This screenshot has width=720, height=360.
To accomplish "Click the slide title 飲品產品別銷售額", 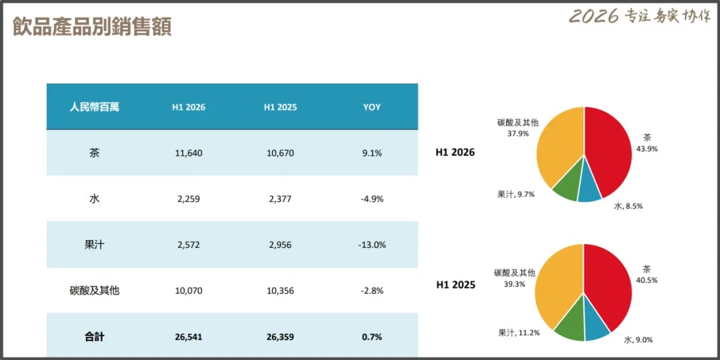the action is pos(92,26).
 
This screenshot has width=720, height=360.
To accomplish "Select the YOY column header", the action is pos(371,107).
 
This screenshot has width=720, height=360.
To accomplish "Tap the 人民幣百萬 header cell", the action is pos(95,107).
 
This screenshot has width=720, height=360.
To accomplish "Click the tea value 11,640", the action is pos(188,153).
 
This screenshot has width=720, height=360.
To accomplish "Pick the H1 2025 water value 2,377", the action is pos(280,199).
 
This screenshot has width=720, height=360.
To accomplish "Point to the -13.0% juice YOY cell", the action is pos(371,245).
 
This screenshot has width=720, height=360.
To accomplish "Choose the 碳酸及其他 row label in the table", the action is pos(94,291).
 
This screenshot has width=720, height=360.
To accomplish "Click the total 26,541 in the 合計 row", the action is pos(188,337).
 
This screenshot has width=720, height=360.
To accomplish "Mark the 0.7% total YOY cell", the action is pos(371,337).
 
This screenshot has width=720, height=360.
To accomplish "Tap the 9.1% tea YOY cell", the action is pos(371,153).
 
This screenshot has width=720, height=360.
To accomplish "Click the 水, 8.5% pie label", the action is pos(628,206).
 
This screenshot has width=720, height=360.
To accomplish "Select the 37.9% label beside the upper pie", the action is pos(517,134).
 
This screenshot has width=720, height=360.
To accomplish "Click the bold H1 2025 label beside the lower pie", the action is pos(455,285).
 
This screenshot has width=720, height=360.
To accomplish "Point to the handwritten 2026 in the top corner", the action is pos(594,16).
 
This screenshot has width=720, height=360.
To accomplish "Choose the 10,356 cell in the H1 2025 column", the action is pos(280,291).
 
